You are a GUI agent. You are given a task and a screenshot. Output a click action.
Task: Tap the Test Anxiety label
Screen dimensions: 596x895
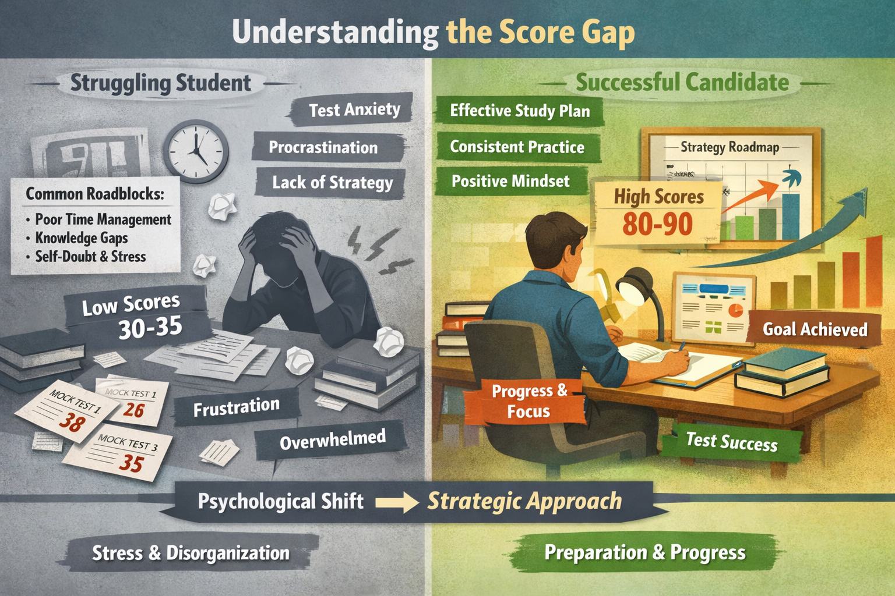(x=354, y=110)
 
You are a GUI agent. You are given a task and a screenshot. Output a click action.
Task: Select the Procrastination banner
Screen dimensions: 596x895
(x=323, y=147)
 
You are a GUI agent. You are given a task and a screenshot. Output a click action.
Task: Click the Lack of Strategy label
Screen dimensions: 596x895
(x=332, y=183)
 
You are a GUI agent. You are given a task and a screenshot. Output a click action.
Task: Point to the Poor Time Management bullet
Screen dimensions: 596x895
(x=103, y=219)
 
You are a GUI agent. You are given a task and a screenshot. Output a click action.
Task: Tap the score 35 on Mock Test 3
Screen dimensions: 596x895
(x=131, y=463)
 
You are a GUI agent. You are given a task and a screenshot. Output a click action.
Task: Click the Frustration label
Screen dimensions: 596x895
(x=237, y=407)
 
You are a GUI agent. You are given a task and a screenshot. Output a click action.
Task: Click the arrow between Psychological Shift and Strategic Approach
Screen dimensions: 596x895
(x=396, y=502)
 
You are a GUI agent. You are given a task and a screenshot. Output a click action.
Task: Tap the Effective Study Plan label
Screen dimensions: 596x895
(x=520, y=111)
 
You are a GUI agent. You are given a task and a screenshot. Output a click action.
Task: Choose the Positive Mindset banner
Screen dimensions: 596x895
(x=510, y=181)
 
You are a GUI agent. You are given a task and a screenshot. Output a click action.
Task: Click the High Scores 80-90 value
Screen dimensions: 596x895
(x=657, y=224)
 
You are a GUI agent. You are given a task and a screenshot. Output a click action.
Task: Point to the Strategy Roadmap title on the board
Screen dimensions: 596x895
(x=730, y=147)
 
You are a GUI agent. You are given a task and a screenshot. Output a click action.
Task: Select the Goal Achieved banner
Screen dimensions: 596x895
(x=815, y=329)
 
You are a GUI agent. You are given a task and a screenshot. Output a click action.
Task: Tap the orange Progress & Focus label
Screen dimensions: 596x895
(x=529, y=401)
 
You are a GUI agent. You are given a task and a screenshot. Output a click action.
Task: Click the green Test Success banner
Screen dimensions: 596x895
(x=731, y=442)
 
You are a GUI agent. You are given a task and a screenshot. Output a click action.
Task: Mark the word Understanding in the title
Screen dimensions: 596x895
(x=335, y=32)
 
